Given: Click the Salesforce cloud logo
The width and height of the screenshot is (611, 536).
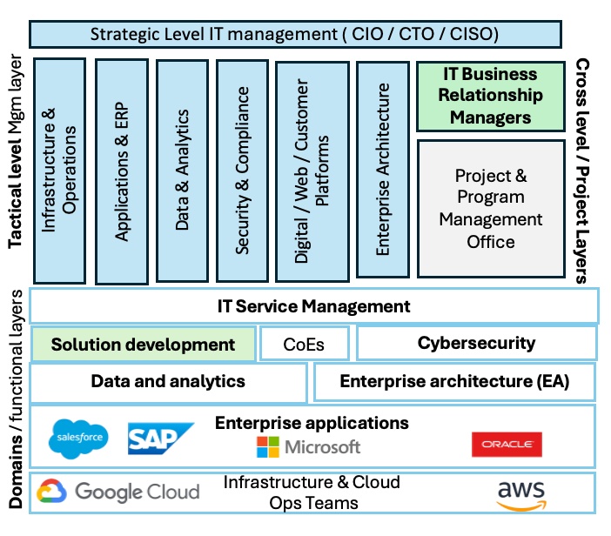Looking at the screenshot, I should coord(78,438).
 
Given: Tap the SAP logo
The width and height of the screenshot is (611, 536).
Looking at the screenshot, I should coord(160,439).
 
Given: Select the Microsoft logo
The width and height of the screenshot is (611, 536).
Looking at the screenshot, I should coord(309,447).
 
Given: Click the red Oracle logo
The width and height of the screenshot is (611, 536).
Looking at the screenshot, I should coord(507,445).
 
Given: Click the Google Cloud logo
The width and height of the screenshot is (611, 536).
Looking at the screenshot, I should coord(118,492).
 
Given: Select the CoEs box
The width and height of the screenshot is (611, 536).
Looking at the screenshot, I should coord(304,344).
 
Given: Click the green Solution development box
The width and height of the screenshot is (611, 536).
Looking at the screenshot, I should coord(144,344).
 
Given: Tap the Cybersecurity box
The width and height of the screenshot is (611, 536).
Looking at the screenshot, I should coord(476,343).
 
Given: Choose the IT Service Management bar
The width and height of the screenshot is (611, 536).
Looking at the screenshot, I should coord(313,306).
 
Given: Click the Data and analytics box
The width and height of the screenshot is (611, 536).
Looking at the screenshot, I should coord(168,381).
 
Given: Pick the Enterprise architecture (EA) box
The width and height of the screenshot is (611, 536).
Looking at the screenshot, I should coord(453,381).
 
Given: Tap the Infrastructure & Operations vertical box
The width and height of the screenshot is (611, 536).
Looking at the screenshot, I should coord(59,170).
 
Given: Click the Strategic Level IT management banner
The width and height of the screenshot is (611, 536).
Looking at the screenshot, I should coord(295,34).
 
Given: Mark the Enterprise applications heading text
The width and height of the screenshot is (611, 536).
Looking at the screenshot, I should coord(312,423).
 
